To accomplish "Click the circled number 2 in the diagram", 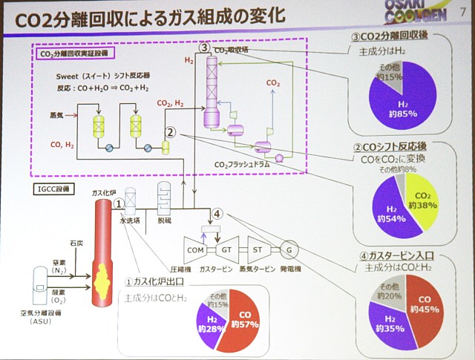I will [170, 133].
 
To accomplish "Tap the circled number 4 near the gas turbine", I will [217, 214].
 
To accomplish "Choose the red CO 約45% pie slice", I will [425, 304].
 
